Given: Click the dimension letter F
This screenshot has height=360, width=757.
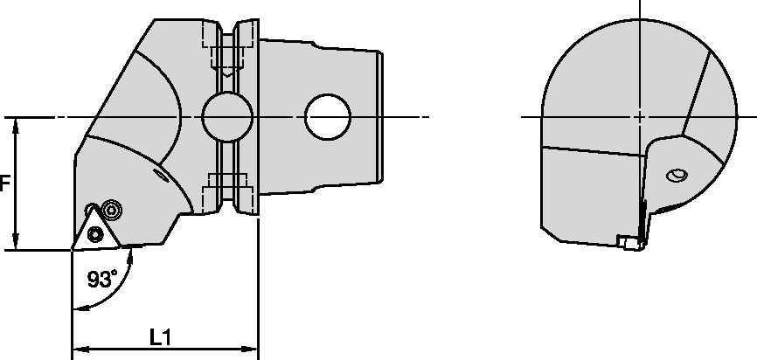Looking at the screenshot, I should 4,184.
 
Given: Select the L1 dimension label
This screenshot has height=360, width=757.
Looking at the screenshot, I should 160,336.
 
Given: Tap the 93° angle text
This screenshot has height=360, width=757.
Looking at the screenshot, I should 102,280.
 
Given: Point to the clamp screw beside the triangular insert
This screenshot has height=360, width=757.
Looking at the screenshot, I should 110,209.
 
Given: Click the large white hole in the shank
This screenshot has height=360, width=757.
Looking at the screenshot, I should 328,116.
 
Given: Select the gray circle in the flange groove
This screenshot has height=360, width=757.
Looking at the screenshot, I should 227,115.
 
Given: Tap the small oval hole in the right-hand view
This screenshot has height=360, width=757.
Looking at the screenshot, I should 677,176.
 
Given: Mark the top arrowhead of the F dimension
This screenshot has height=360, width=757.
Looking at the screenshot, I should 16,123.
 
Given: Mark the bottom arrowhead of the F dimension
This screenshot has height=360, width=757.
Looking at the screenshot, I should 16,244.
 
